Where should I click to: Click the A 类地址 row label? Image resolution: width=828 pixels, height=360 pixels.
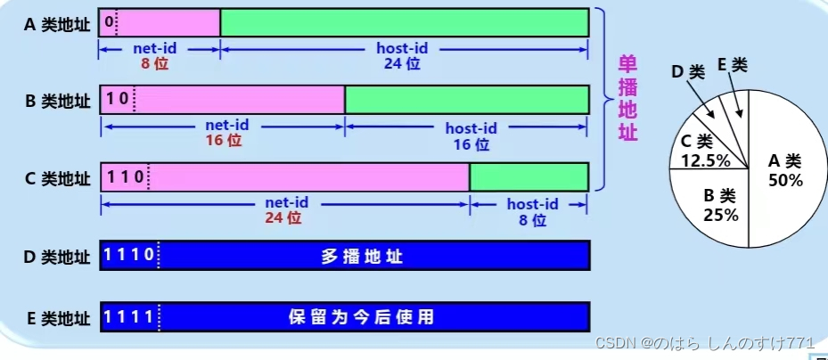tap(57, 23)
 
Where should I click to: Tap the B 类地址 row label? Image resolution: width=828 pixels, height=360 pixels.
tap(57, 101)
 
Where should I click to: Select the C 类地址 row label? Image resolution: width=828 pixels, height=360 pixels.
tap(57, 178)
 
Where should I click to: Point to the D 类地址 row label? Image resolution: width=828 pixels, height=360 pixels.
tap(57, 257)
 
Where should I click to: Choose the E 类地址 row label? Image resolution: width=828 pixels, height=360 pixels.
tap(57, 316)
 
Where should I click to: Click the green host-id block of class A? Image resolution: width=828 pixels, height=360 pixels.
tap(404, 21)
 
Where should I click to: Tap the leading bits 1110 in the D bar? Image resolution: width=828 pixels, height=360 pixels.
tap(128, 256)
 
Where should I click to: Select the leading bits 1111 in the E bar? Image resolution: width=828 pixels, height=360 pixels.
tap(128, 316)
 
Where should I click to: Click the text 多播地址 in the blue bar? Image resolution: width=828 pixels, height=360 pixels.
tap(363, 257)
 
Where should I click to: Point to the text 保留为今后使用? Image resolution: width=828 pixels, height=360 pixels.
tap(363, 316)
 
